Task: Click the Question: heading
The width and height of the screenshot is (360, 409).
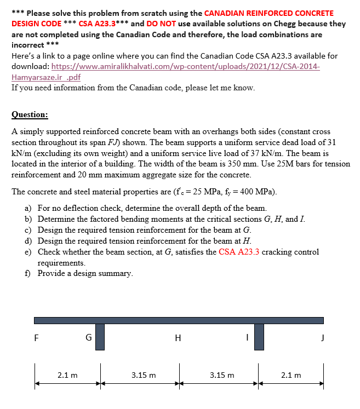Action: click(30, 115)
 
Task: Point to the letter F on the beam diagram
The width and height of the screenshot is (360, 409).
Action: click(36, 338)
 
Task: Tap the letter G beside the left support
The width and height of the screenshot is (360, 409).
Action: click(88, 338)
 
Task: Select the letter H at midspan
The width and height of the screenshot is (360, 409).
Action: click(178, 338)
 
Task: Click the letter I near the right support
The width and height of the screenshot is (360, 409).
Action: click(247, 338)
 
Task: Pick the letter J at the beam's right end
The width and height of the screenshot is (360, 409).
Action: click(323, 338)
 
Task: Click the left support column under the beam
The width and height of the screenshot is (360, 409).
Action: click(100, 336)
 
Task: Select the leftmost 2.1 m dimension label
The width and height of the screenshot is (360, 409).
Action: click(67, 375)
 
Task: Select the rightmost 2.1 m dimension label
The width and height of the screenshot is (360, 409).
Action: click(291, 375)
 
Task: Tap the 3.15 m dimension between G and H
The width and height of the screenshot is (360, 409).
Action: click(144, 375)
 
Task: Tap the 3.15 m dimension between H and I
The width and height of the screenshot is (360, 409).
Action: click(221, 375)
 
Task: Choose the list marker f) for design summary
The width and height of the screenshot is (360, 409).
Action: click(27, 273)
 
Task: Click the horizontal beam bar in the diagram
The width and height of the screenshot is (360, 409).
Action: click(179, 320)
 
